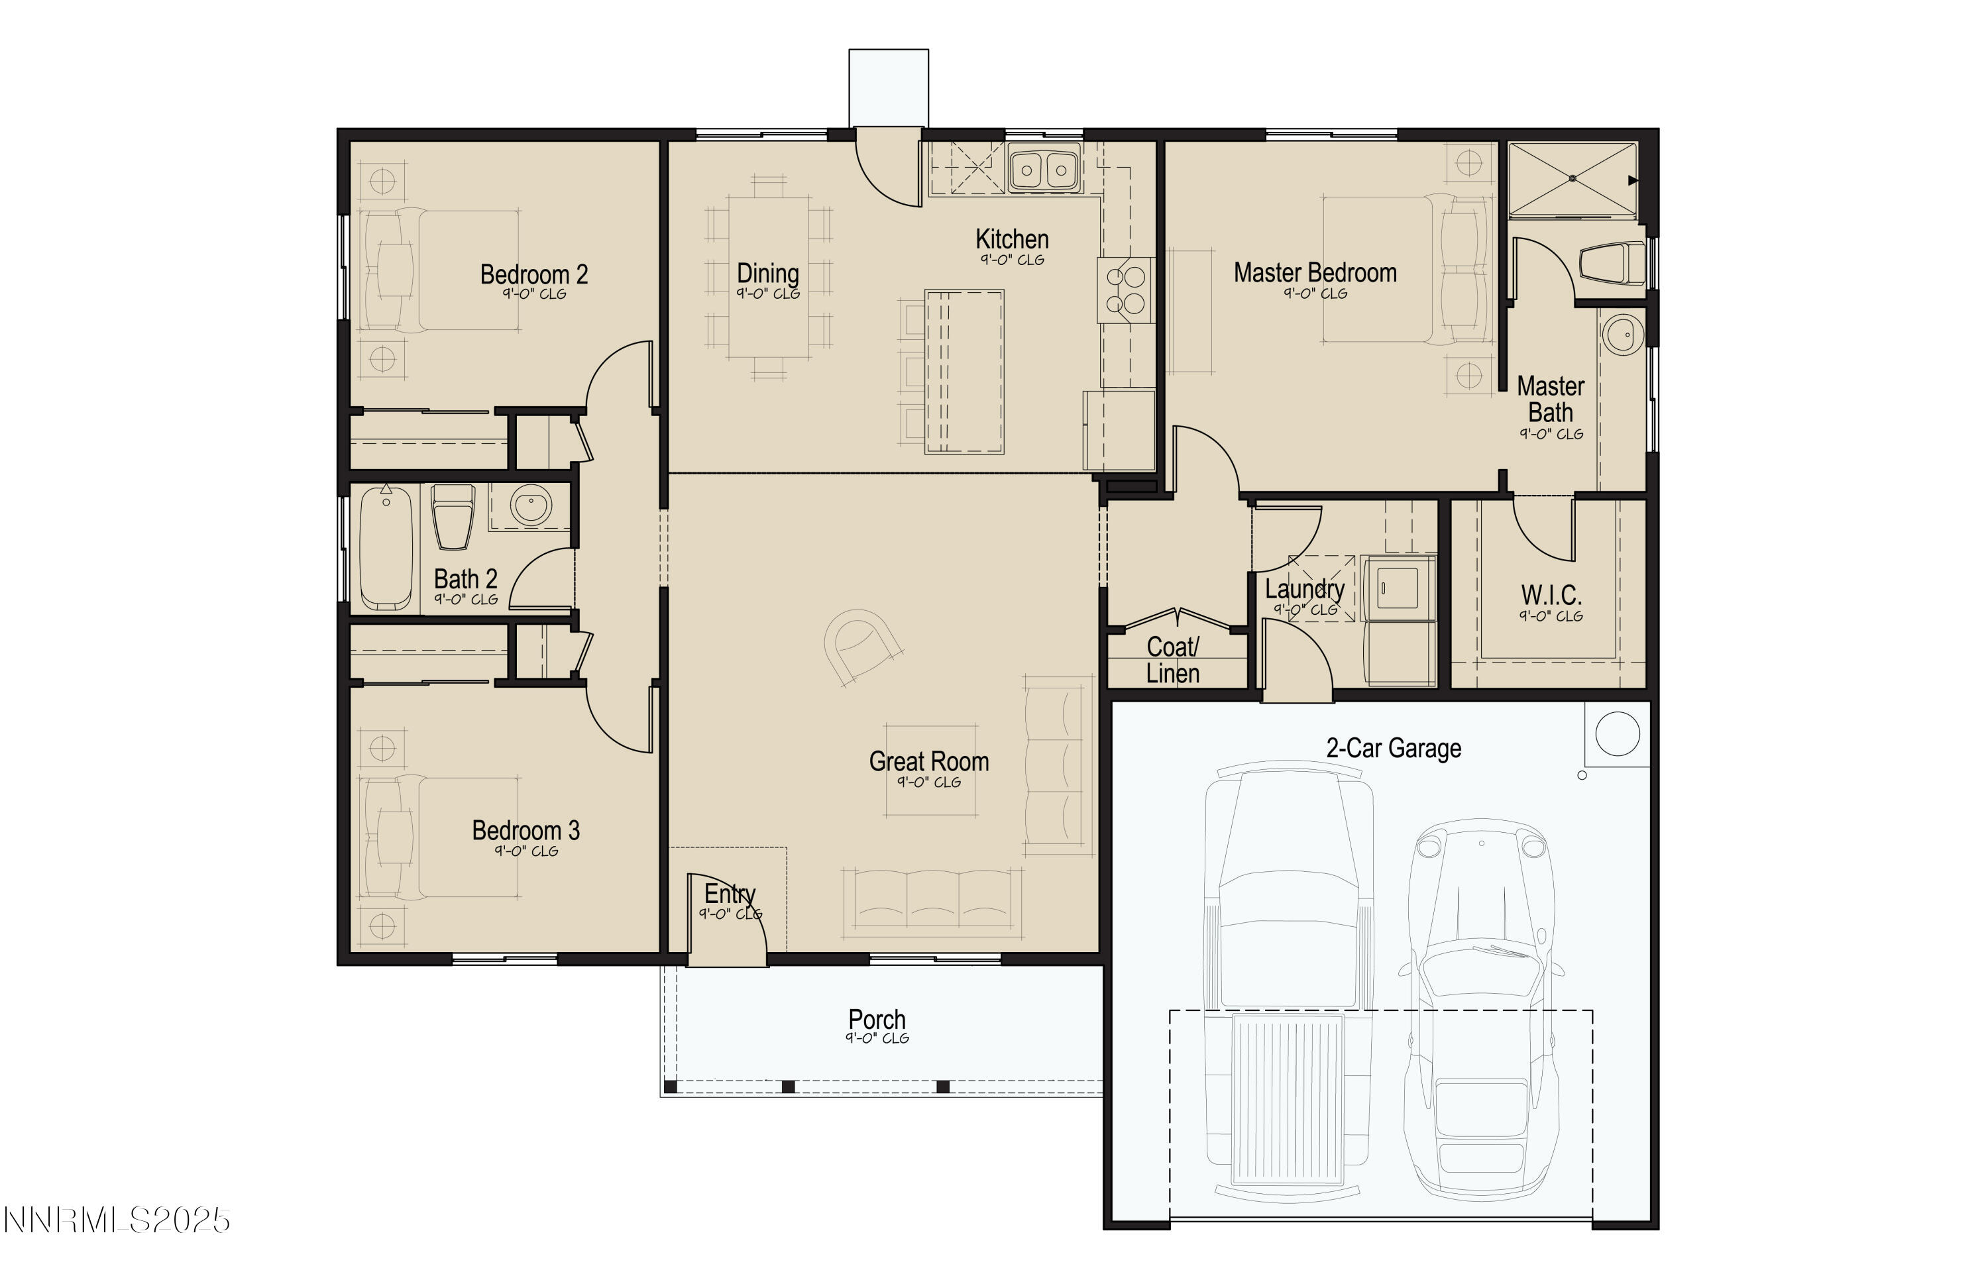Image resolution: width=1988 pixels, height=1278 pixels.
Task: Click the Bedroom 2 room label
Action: coord(533,275)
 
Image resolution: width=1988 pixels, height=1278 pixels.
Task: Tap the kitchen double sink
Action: coord(1044,170)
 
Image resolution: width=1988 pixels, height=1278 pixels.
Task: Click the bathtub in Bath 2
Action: coord(386,548)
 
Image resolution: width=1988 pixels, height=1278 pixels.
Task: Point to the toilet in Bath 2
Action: coord(453,517)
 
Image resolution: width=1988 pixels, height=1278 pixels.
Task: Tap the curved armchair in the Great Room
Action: coord(863,647)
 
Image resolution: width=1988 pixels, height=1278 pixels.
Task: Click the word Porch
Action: coord(877,1019)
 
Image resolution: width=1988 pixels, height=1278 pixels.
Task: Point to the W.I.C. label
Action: coord(1551,595)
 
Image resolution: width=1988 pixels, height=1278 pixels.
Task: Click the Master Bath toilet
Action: coord(1612,264)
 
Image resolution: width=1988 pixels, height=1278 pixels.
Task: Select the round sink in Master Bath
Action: coord(1623,335)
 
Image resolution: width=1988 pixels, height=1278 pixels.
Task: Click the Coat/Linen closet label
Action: coord(1172,660)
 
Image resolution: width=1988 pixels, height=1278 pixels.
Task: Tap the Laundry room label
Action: coord(1304,589)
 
